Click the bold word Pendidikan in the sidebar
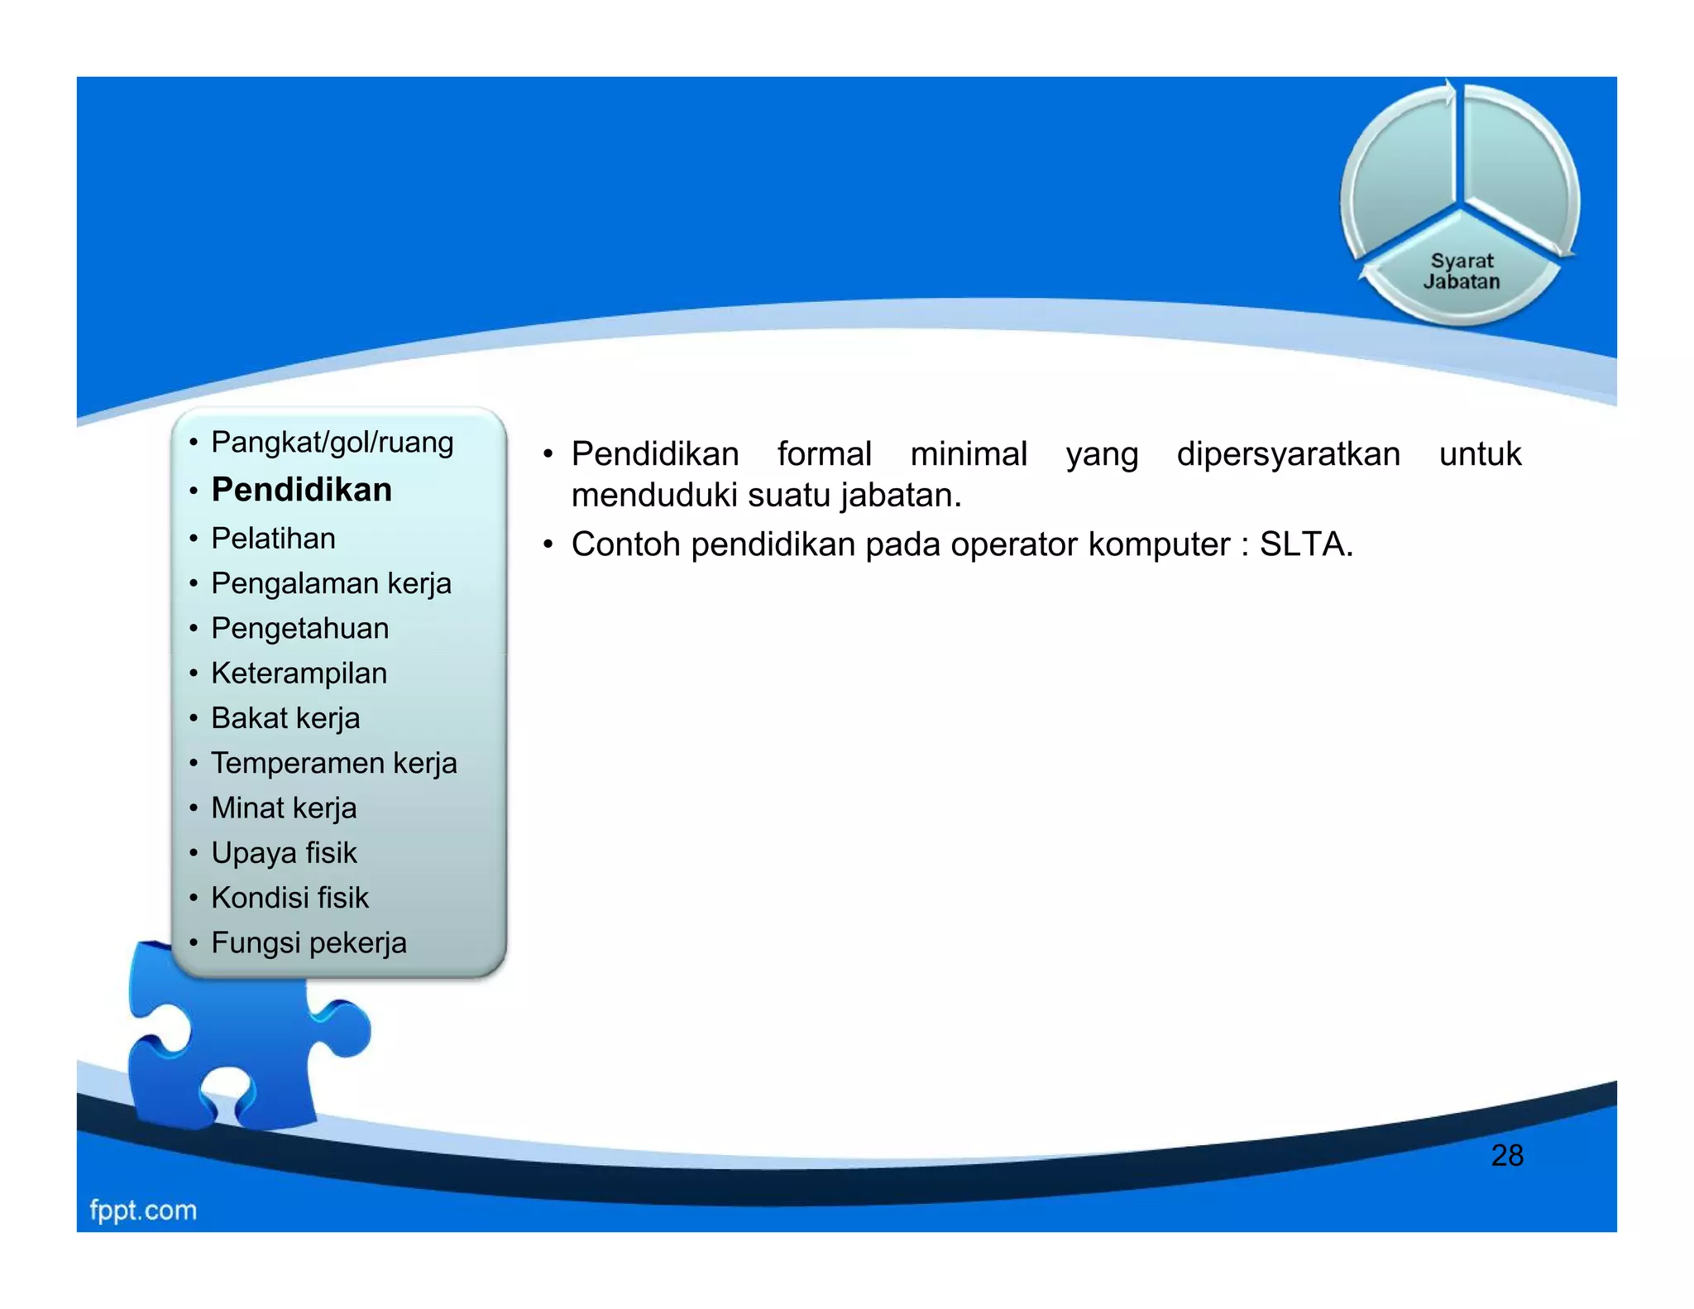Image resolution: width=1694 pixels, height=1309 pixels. (302, 490)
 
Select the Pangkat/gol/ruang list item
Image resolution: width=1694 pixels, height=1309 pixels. (332, 443)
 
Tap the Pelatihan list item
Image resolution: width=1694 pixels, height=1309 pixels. (273, 539)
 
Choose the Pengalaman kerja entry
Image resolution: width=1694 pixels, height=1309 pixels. (331, 583)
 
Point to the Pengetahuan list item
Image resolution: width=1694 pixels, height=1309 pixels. (299, 628)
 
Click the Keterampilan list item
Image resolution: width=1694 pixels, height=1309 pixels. (299, 674)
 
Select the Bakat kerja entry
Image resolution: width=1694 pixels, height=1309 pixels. (285, 718)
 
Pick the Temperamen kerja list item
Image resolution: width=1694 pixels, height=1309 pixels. (333, 763)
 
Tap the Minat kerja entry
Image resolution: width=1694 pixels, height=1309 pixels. (284, 808)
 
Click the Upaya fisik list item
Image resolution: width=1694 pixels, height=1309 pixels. (284, 853)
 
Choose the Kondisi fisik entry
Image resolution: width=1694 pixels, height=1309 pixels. (290, 898)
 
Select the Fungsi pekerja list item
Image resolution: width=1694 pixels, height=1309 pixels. (309, 943)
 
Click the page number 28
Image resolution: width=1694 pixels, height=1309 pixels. (1506, 1156)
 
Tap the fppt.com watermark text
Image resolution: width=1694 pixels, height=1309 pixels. (143, 1211)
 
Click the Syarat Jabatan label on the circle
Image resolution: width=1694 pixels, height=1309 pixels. (1462, 271)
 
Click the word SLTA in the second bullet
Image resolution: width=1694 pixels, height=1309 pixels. (1304, 544)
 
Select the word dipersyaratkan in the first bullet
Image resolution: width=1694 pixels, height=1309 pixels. (1288, 454)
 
